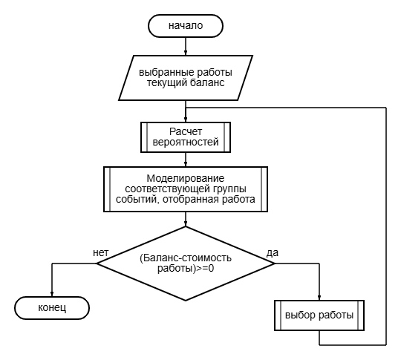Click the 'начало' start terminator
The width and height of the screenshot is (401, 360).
pyautogui.click(x=186, y=26)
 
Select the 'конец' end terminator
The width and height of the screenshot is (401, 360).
pyautogui.click(x=52, y=308)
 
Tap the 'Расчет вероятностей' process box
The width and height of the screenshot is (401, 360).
pyautogui.click(x=186, y=137)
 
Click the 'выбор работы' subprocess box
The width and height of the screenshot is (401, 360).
pyautogui.click(x=319, y=315)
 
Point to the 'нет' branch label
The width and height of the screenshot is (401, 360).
pyautogui.click(x=101, y=252)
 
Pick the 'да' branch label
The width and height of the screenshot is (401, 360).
pyautogui.click(x=273, y=253)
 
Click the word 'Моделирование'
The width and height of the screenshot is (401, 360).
pyautogui.click(x=186, y=178)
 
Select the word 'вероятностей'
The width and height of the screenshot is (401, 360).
pyautogui.click(x=186, y=143)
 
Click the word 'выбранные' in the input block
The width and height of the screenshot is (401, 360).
pyautogui.click(x=163, y=72)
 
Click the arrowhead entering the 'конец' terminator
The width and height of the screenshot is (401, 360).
pyautogui.click(x=52, y=294)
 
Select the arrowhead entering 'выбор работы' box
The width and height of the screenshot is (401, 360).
pyautogui.click(x=319, y=298)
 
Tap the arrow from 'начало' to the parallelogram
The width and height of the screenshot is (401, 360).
pyautogui.click(x=186, y=46)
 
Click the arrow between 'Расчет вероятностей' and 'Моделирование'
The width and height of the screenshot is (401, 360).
pyautogui.click(x=186, y=160)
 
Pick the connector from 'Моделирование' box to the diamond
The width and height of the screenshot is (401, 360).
pyautogui.click(x=186, y=220)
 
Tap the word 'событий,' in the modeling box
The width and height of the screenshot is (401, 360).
pyautogui.click(x=138, y=200)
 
